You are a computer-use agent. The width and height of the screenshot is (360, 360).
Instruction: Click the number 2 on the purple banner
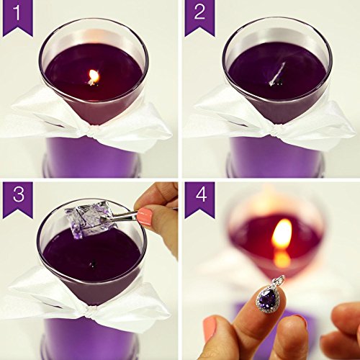[x=199, y=12]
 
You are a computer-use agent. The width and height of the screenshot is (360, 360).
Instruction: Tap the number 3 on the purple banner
[x=19, y=194]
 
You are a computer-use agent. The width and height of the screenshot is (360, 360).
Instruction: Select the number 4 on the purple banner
[x=201, y=194]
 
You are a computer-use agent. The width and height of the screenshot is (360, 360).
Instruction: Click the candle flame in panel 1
[x=94, y=76]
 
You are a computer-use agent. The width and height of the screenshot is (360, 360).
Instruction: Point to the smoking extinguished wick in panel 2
[x=278, y=74]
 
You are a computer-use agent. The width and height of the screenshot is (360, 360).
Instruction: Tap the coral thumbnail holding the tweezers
[x=145, y=217]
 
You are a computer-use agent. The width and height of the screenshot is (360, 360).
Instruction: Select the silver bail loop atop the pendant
[x=280, y=280]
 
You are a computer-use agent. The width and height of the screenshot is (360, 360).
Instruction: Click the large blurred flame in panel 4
[x=282, y=233]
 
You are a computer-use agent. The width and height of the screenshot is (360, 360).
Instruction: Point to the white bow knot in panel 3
[x=92, y=312]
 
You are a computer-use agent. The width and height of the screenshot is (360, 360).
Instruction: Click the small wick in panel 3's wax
[x=93, y=264]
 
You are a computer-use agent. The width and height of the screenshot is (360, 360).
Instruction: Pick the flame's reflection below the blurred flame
[x=282, y=258]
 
